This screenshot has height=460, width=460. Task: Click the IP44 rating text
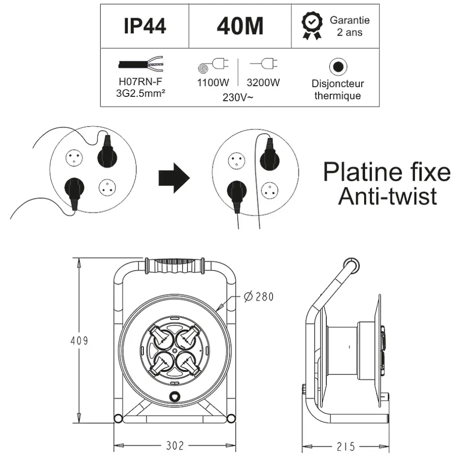(x=144, y=26)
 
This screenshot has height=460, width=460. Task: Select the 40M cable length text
(x=240, y=26)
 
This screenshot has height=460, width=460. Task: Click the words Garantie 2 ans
(x=349, y=26)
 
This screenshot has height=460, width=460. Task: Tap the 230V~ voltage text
(x=238, y=96)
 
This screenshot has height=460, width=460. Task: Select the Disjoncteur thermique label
(x=338, y=90)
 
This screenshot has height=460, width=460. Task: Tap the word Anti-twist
(x=387, y=197)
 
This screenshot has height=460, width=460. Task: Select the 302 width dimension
(x=175, y=446)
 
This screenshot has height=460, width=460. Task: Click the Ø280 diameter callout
(x=258, y=297)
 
